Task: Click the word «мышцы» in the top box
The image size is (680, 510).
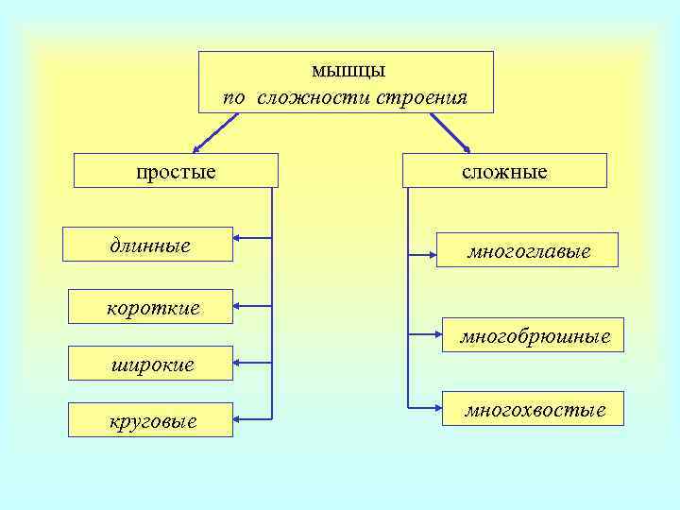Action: tap(348, 70)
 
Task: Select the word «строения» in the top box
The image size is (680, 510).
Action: tap(421, 97)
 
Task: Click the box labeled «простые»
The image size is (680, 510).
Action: tap(176, 170)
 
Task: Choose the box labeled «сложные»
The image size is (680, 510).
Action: tap(504, 171)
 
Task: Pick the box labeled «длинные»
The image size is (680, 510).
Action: tap(147, 245)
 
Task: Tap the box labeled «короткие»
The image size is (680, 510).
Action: tap(151, 306)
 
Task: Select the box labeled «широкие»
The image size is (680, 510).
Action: tap(150, 363)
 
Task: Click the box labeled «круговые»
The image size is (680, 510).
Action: tap(150, 419)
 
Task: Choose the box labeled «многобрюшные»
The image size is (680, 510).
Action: tap(535, 335)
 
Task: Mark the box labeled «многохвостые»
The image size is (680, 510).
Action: tap(535, 409)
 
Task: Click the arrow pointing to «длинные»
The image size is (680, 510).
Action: tap(252, 237)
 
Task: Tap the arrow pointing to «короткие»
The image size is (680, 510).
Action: tap(252, 306)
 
